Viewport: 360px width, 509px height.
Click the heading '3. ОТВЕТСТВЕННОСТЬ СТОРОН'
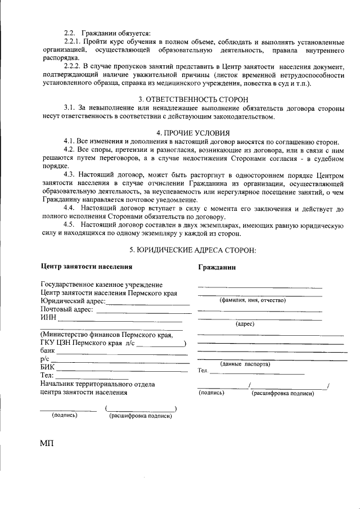click(x=193, y=99)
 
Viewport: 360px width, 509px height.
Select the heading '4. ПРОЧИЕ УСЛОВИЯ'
click(x=193, y=133)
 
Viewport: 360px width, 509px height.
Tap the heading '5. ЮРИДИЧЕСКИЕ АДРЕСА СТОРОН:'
click(x=193, y=249)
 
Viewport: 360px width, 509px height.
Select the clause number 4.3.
click(x=70, y=175)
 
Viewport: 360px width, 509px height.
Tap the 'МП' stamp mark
click(x=47, y=444)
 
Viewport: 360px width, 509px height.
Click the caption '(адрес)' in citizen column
click(x=245, y=324)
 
